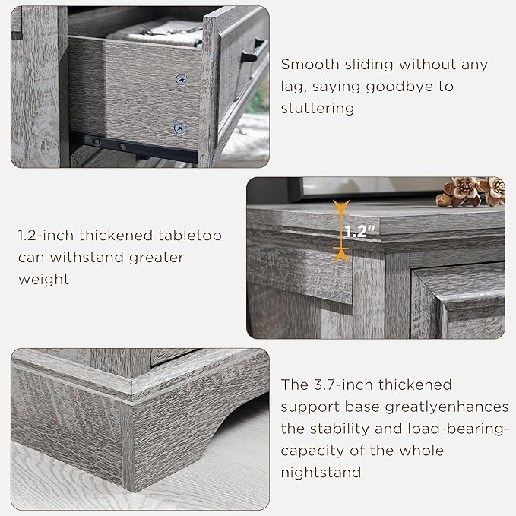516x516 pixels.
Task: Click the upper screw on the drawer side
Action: tap(181, 79)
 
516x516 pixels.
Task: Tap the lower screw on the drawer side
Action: tap(179, 128)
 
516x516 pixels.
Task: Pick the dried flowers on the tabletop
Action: tap(471, 191)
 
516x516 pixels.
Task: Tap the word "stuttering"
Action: tap(318, 108)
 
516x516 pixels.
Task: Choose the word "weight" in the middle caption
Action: tap(43, 279)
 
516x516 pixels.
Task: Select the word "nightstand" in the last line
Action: tap(321, 473)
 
